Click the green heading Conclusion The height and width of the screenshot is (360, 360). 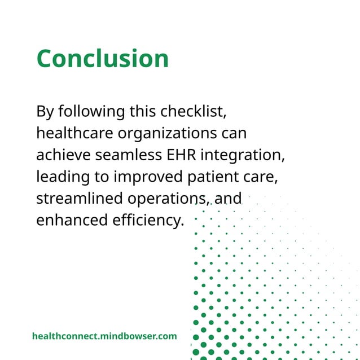pyautogui.click(x=103, y=59)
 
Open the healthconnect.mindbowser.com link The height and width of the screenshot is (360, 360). pyautogui.click(x=104, y=336)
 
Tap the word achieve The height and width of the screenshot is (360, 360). pyautogui.click(x=63, y=155)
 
